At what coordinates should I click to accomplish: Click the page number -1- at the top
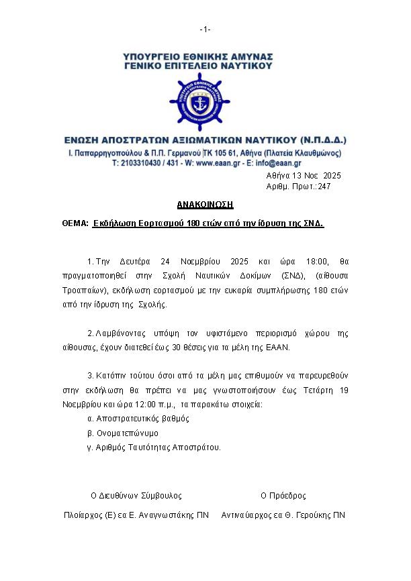click(x=205, y=29)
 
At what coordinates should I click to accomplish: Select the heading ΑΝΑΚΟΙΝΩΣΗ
click(x=205, y=204)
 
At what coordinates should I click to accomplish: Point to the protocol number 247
click(x=324, y=187)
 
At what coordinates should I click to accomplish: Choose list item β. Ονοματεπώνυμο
click(x=114, y=433)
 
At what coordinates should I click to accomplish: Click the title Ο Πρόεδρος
click(x=283, y=496)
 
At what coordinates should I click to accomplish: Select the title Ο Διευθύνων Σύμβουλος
click(x=136, y=496)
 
